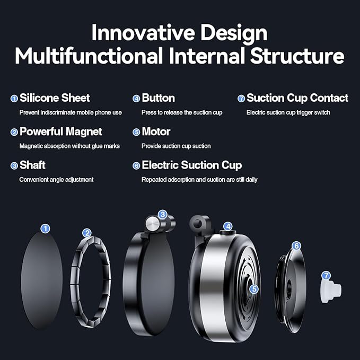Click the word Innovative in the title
point(143,33)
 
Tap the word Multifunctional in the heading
point(89,56)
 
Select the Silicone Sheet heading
point(55,98)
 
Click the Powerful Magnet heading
point(61,131)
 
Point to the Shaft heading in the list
point(32,165)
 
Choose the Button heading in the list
point(159,98)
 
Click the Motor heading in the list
point(156,131)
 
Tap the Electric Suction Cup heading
point(192,165)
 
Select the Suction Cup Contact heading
point(297,98)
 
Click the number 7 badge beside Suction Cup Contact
point(241,99)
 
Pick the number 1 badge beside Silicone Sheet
point(14,99)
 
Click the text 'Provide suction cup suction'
point(176,146)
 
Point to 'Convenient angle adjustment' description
point(57,180)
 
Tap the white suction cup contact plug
point(331,291)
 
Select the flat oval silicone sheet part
point(41,280)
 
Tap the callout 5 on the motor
point(254,289)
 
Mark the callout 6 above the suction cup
point(296,246)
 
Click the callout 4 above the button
point(228,226)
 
